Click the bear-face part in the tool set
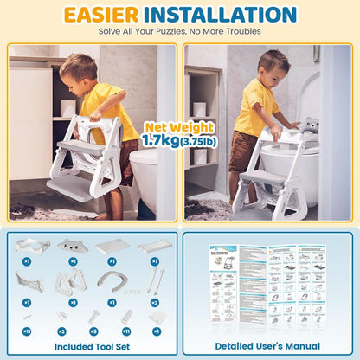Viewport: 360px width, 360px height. coord(73,247)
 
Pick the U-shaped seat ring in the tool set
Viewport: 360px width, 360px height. coord(112,280)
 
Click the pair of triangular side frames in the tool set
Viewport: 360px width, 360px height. coord(72,280)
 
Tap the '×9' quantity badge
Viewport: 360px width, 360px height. coord(93,331)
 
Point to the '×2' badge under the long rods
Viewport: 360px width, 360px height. coord(155,302)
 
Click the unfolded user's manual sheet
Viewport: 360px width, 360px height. coord(268,286)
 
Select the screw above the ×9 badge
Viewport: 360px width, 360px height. coord(93,317)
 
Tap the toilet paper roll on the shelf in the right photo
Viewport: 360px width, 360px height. coord(199,108)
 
